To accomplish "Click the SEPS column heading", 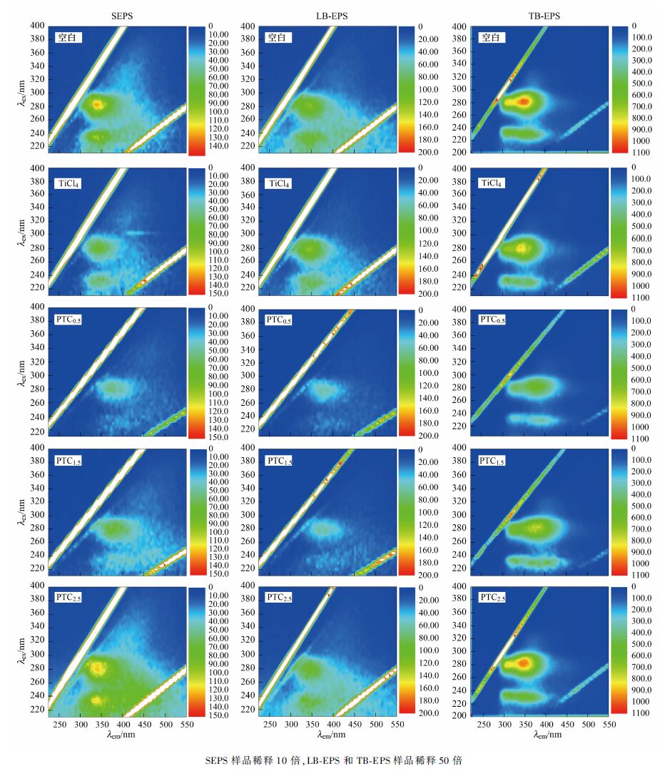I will (x=121, y=15).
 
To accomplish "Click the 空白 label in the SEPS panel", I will (x=68, y=38).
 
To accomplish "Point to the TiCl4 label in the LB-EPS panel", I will (x=280, y=183).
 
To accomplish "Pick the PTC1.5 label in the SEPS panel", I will (x=68, y=460).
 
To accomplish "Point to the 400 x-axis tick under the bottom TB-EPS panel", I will (x=547, y=724).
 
